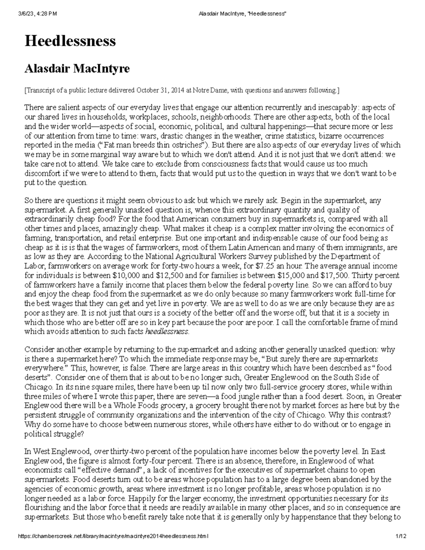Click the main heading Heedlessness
pyautogui.click(x=70, y=41)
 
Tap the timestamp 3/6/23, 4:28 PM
pyautogui.click(x=37, y=14)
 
